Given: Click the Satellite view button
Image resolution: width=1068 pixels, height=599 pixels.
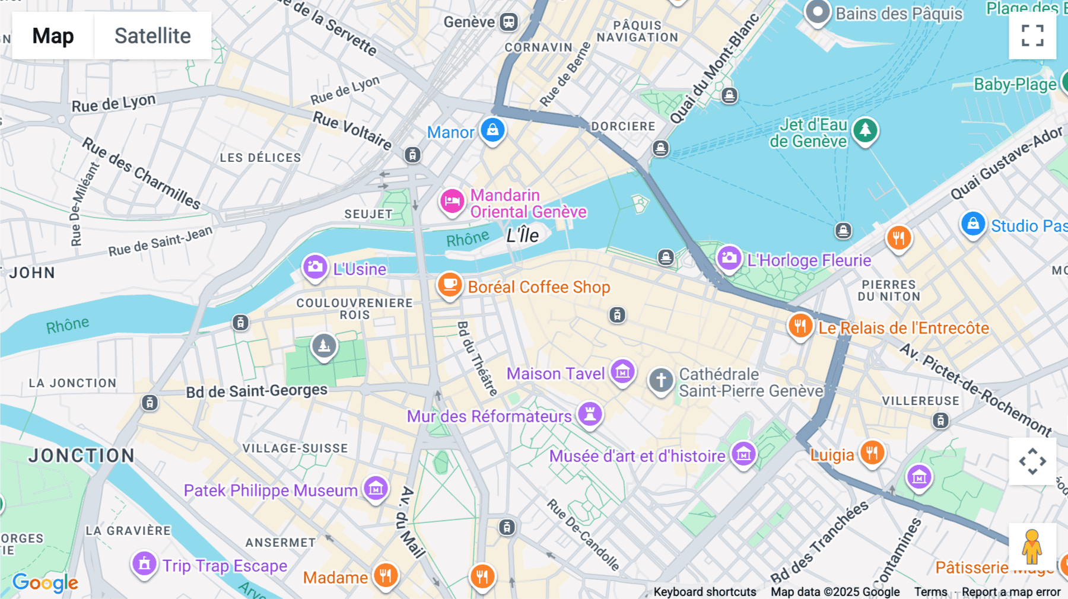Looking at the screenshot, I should point(152,36).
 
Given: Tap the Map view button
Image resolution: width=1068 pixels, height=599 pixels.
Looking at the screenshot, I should point(53,36).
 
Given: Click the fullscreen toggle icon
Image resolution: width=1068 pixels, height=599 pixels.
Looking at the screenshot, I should point(1032,36).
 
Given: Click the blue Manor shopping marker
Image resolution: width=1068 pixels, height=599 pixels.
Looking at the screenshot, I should point(492,130).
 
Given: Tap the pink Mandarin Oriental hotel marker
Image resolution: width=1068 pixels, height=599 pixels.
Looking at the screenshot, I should point(452,201).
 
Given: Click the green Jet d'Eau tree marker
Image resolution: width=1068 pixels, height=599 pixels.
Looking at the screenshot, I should point(865,130).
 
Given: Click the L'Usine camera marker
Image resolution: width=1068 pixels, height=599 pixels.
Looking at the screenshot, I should point(315,267).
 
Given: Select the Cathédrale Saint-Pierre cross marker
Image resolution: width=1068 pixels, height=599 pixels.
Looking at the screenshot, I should point(661,380).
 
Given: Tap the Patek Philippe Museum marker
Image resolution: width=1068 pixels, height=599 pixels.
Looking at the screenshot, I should point(376,489).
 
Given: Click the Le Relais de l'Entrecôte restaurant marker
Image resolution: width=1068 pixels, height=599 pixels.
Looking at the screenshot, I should point(800,326).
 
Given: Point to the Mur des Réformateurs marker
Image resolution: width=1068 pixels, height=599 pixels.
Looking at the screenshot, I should point(590,414).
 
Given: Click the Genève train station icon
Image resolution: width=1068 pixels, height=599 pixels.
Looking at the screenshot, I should point(508,23).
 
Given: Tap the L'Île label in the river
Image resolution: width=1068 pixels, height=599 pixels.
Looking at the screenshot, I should point(522,235).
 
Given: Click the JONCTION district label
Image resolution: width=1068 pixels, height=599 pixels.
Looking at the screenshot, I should point(82,455).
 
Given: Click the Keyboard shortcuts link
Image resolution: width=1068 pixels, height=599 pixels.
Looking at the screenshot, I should point(704,592).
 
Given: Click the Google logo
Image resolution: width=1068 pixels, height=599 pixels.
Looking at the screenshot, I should point(45,582).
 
